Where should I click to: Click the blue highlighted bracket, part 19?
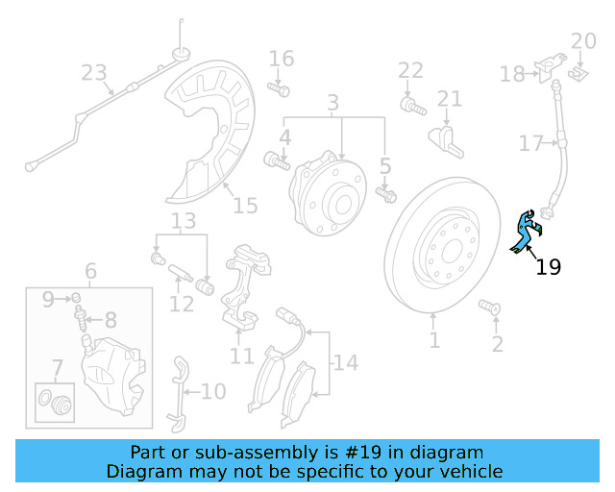coord(525,232)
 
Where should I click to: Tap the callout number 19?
coord(548,267)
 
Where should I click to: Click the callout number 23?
coord(93,72)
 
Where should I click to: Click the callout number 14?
coord(345,363)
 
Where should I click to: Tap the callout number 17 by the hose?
coord(530,144)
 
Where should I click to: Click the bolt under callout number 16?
coord(279,89)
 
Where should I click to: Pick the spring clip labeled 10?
coord(178,392)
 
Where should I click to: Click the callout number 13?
coord(183,223)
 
